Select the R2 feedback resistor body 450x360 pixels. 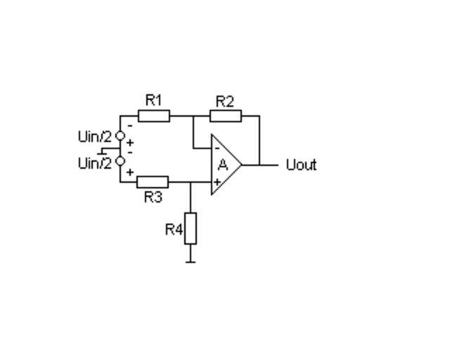click(226, 115)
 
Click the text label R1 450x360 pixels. click(153, 100)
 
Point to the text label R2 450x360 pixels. click(224, 101)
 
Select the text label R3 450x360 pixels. click(153, 198)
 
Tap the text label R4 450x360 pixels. click(174, 229)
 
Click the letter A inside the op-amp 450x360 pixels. click(223, 165)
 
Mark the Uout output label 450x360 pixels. click(302, 165)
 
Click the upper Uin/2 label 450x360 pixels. click(94, 136)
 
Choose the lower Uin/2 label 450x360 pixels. click(94, 163)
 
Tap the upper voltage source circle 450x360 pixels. click(120, 135)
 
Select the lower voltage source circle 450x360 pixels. click(120, 161)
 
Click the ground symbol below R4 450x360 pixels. click(191, 261)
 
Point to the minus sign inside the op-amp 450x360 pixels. click(217, 148)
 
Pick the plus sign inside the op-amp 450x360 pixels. click(217, 182)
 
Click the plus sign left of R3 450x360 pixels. click(130, 172)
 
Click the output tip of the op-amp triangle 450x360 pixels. click(242, 165)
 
